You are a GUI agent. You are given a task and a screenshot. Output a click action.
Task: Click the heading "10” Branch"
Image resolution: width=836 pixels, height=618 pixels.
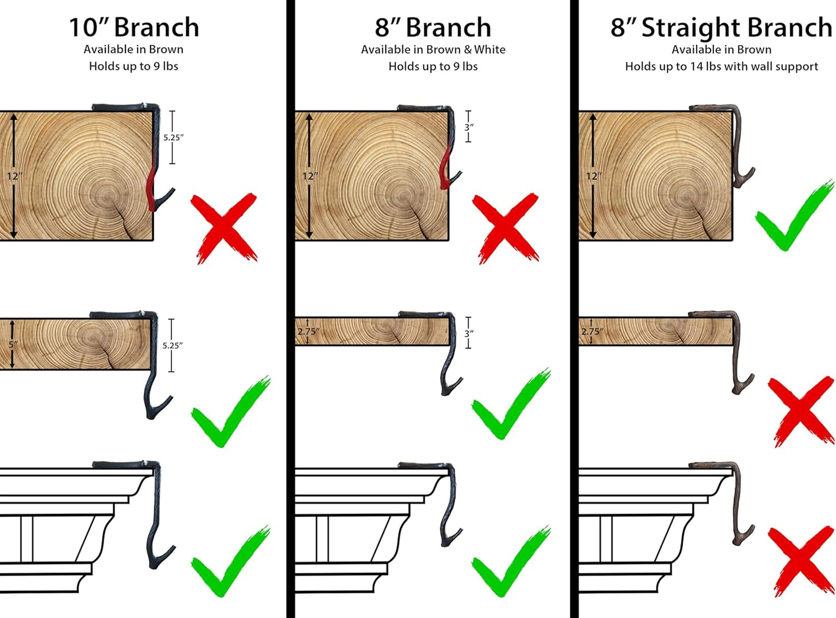pyautogui.click(x=134, y=28)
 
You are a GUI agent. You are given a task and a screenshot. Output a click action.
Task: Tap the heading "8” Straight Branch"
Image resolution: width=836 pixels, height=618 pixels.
pyautogui.click(x=721, y=28)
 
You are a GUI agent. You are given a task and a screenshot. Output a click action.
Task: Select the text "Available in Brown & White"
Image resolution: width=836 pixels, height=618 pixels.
pyautogui.click(x=433, y=49)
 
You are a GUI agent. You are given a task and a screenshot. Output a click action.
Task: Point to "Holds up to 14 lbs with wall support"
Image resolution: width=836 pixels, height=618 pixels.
pyautogui.click(x=721, y=66)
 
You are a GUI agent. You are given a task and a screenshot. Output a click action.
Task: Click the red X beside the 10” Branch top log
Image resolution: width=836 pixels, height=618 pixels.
pyautogui.click(x=224, y=228)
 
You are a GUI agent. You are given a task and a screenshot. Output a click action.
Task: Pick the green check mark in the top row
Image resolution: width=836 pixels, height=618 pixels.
pyautogui.click(x=794, y=216)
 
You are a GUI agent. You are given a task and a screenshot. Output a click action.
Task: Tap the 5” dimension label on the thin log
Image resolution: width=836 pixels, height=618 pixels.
pyautogui.click(x=13, y=344)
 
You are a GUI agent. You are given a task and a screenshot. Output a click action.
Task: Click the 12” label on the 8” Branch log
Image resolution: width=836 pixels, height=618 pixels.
pyautogui.click(x=310, y=176)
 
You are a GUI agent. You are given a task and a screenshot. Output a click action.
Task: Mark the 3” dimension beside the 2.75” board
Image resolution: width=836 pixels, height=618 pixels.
pyautogui.click(x=469, y=334)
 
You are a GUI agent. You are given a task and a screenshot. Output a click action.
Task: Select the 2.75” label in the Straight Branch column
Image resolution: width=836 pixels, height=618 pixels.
pyautogui.click(x=592, y=331)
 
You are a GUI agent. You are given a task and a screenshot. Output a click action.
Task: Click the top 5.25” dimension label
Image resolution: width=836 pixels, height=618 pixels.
pyautogui.click(x=174, y=138)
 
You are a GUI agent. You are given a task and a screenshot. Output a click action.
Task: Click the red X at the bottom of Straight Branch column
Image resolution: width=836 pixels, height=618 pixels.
pyautogui.click(x=801, y=561)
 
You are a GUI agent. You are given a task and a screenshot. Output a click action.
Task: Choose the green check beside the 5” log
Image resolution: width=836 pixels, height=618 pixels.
pyautogui.click(x=230, y=412)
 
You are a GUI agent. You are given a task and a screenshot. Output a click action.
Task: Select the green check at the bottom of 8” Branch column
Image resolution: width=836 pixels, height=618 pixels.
pyautogui.click(x=510, y=561)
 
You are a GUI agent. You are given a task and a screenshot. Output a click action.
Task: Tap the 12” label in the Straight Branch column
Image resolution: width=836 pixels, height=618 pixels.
pyautogui.click(x=594, y=176)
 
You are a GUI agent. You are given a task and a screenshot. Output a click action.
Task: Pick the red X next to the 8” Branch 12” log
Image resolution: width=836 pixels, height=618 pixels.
pyautogui.click(x=506, y=228)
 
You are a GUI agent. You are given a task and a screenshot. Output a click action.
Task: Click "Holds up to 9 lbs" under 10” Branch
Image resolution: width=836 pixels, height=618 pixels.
pyautogui.click(x=134, y=66)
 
